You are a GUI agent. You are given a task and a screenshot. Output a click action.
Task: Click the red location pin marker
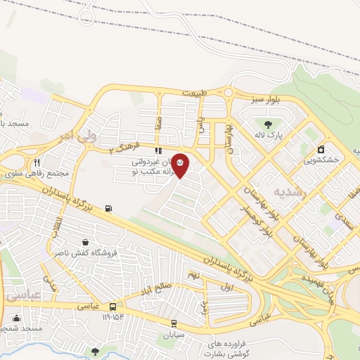(x=180, y=165)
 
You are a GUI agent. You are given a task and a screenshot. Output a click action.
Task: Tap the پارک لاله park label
(x=269, y=136)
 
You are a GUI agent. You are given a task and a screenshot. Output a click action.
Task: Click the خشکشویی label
(x=321, y=160)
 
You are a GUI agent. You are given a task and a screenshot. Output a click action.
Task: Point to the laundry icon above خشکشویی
(x=321, y=149)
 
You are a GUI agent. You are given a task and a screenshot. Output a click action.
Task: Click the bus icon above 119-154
(x=112, y=307)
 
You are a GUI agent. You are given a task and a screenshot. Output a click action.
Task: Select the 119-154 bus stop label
(x=112, y=318)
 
